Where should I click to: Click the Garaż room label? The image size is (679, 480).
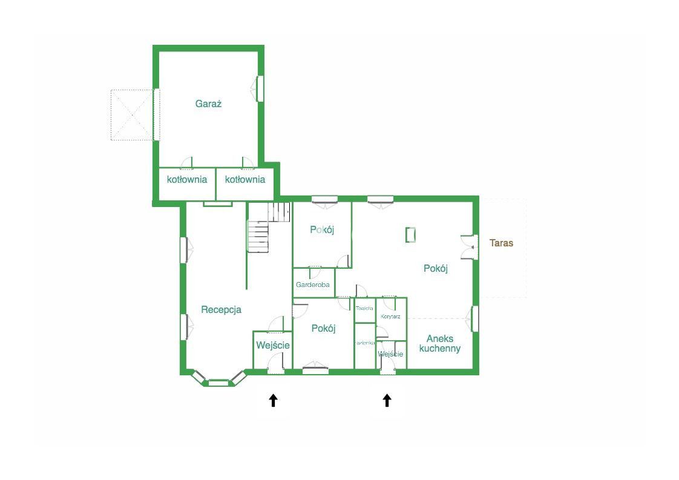click(208, 104)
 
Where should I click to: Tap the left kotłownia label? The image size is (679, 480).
click(187, 179)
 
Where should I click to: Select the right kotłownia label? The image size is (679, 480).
click(245, 179)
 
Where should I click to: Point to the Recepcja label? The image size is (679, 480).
click(221, 309)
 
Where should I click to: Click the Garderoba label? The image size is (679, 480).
click(313, 284)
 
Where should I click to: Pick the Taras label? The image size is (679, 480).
click(501, 243)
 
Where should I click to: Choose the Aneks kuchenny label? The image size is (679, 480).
click(440, 343)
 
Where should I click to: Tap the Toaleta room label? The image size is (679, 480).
click(364, 309)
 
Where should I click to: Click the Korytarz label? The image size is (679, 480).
click(390, 317)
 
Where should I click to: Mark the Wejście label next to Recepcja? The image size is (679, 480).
click(272, 345)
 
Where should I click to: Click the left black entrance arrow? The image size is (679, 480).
click(273, 400)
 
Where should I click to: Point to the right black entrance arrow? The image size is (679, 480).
click(387, 400)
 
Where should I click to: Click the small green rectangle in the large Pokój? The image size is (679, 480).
click(411, 234)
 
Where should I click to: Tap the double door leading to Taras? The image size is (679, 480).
click(468, 246)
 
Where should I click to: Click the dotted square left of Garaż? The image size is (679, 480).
click(132, 115)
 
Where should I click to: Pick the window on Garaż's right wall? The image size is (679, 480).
click(260, 88)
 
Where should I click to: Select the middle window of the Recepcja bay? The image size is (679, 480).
click(218, 382)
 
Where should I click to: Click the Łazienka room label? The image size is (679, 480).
click(364, 343)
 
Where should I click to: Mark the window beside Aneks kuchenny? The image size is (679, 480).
click(475, 318)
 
